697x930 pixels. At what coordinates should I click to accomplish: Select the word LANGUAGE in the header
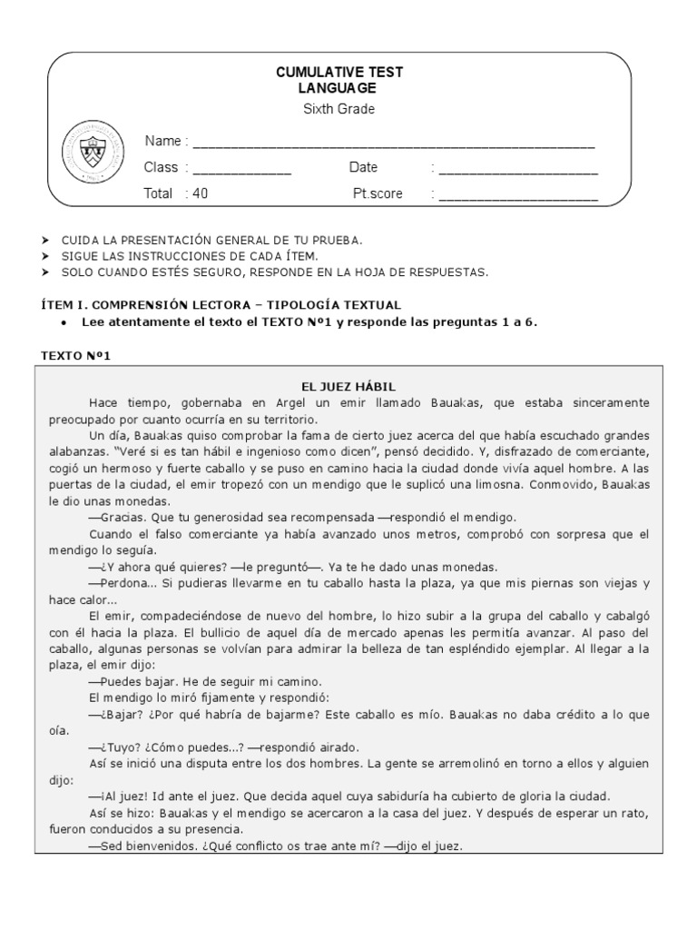click(x=339, y=88)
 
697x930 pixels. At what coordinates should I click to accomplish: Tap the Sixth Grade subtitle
click(x=339, y=110)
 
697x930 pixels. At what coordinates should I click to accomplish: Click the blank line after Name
click(x=394, y=143)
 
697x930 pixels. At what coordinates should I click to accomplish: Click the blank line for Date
click(x=518, y=170)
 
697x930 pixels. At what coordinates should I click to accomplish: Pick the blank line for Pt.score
click(x=518, y=195)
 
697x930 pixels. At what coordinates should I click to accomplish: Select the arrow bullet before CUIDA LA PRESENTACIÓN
click(x=45, y=240)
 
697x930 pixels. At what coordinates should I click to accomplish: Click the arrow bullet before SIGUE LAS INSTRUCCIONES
click(x=45, y=256)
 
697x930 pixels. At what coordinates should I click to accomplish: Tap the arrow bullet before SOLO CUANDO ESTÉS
click(x=45, y=272)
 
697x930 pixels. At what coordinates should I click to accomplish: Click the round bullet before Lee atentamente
click(x=61, y=322)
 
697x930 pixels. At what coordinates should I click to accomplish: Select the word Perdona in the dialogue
click(x=123, y=582)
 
